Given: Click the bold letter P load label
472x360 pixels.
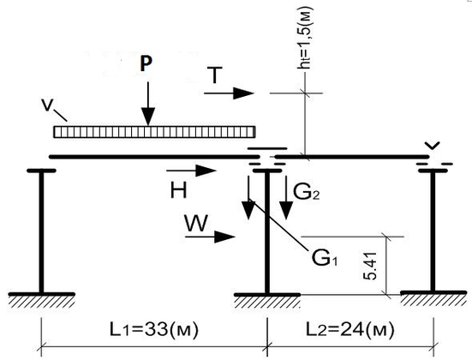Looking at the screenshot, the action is pyautogui.click(x=146, y=63).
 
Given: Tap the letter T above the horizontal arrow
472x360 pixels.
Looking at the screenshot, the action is pyautogui.click(x=215, y=75).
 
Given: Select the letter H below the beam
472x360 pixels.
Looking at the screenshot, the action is pyautogui.click(x=179, y=190).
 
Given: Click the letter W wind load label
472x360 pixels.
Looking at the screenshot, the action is pyautogui.click(x=196, y=223).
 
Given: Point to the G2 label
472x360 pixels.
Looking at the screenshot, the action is pyautogui.click(x=306, y=192).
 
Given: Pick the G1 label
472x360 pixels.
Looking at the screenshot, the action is pyautogui.click(x=325, y=258).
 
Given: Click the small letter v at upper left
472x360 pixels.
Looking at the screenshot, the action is pyautogui.click(x=47, y=105).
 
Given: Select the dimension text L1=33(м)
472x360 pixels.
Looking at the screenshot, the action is pyautogui.click(x=154, y=329).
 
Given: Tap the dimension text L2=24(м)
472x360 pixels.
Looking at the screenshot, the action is pyautogui.click(x=350, y=329).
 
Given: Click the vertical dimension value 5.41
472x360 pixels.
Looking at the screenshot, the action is pyautogui.click(x=370, y=266).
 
